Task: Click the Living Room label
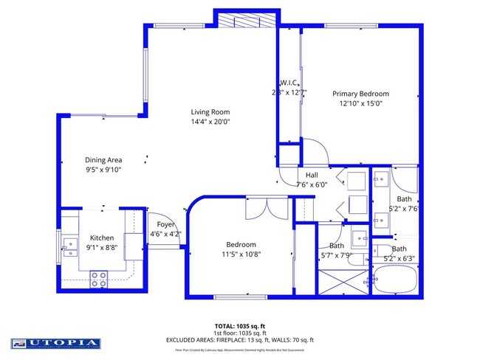pyautogui.click(x=210, y=112)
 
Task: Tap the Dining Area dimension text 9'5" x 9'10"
pyautogui.click(x=103, y=169)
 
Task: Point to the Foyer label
pyautogui.click(x=165, y=224)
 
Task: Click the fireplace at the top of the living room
pyautogui.click(x=246, y=19)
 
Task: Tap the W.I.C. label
pyautogui.click(x=288, y=83)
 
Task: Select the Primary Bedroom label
pyautogui.click(x=360, y=94)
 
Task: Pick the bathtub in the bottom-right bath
pyautogui.click(x=396, y=281)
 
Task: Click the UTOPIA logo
pyautogui.click(x=55, y=343)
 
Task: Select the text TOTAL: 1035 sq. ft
pyautogui.click(x=241, y=325)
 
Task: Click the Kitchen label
pyautogui.click(x=102, y=238)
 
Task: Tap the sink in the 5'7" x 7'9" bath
pyautogui.click(x=361, y=238)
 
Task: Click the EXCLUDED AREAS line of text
pyautogui.click(x=241, y=339)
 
